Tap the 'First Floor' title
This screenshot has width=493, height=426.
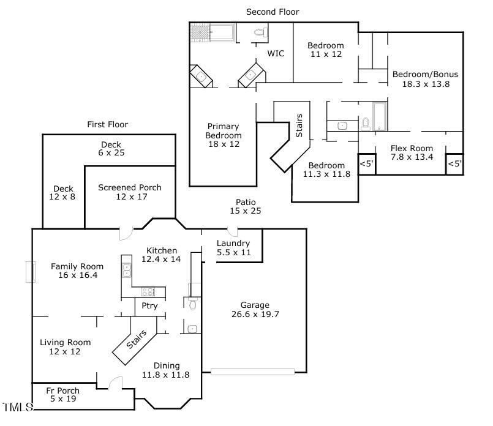pos(107,124)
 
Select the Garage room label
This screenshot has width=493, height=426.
pos(255,310)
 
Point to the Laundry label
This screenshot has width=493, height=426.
pos(233,247)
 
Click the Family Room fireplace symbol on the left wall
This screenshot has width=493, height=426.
pos(29,272)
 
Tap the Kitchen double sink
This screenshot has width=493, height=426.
pos(127,271)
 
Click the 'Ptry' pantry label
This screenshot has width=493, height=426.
pos(149,306)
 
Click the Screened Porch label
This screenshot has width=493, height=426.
pos(129,192)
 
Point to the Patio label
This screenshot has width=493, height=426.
pos(246,206)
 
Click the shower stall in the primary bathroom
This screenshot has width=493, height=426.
pos(200,32)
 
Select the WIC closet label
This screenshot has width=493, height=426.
pos(276,53)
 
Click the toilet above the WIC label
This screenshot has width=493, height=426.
pos(258,31)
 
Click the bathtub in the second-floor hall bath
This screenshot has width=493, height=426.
pos(380,116)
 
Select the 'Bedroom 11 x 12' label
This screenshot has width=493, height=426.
pos(325,50)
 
